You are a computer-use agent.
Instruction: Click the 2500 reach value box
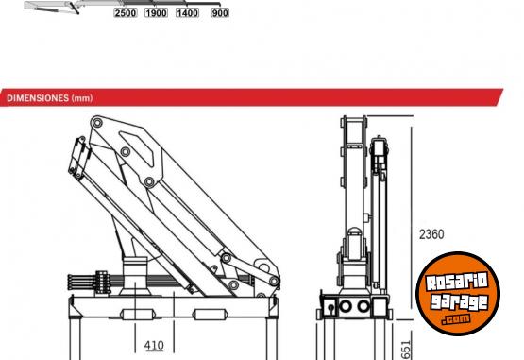pyautogui.click(x=126, y=13)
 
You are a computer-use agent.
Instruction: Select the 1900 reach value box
pyautogui.click(x=156, y=13)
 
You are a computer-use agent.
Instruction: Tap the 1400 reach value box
pyautogui.click(x=187, y=13)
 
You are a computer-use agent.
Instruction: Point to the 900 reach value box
pyautogui.click(x=220, y=13)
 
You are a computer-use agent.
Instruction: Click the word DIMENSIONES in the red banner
pyautogui.click(x=38, y=98)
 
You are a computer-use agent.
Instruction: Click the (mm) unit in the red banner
pyautogui.click(x=82, y=98)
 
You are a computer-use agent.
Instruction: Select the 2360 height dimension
pyautogui.click(x=431, y=234)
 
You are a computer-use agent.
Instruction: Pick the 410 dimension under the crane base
pyautogui.click(x=154, y=345)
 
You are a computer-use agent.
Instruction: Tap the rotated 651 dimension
pyautogui.click(x=405, y=350)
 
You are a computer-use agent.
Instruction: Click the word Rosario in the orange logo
pyautogui.click(x=457, y=281)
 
